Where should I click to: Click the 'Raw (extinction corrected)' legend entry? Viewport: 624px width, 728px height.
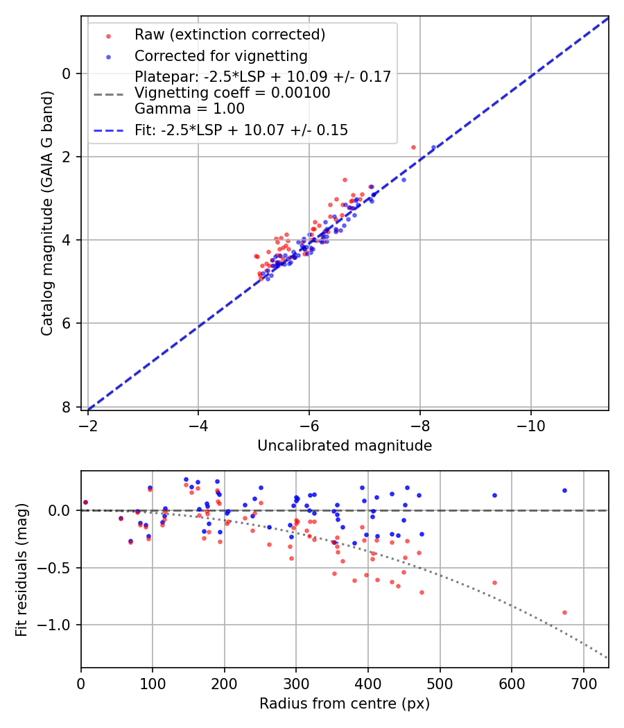[x=229, y=35]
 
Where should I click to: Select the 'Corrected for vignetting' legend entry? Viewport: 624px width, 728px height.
[x=220, y=55]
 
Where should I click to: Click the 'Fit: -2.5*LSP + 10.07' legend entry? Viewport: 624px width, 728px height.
[x=241, y=130]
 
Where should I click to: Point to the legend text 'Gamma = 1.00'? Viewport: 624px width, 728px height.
[x=189, y=108]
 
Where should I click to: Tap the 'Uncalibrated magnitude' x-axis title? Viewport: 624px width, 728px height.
[x=345, y=446]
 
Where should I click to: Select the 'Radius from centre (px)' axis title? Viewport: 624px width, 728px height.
[x=345, y=704]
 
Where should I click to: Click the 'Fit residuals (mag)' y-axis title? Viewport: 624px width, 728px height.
[x=21, y=570]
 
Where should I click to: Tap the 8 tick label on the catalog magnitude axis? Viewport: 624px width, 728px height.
[x=67, y=407]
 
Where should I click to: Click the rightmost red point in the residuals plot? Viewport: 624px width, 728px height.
[x=564, y=612]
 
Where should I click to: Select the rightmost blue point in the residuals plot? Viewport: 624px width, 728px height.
[x=564, y=490]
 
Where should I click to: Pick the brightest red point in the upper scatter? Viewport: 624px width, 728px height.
[x=413, y=147]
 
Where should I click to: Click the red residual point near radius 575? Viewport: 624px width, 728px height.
[x=494, y=582]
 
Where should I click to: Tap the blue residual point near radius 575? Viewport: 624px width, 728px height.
[x=494, y=495]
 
